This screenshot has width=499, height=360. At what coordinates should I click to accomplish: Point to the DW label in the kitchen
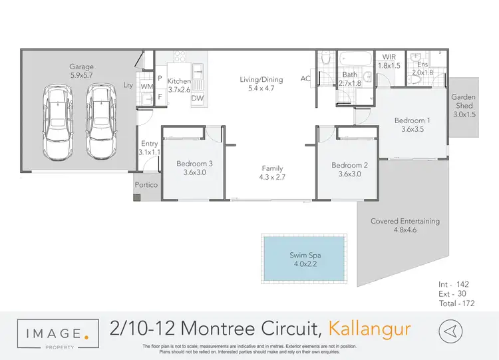click(197, 98)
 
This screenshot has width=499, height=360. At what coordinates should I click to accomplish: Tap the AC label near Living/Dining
click(305, 79)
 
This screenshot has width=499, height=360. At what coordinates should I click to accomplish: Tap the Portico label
click(146, 184)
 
